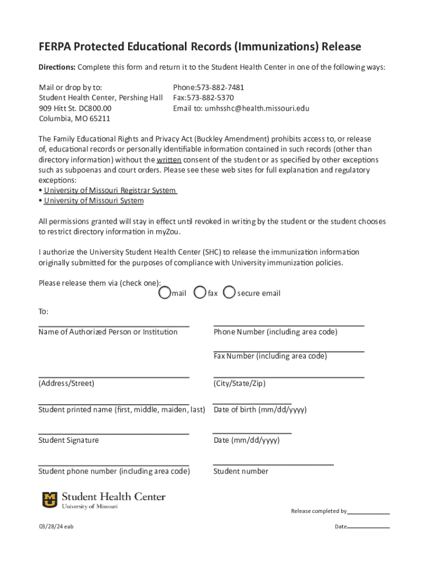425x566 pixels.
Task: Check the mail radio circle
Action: pos(164,292)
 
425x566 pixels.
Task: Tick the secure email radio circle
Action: pos(230,292)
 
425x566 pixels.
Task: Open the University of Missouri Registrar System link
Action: pos(110,191)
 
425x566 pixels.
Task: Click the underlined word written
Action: pos(169,160)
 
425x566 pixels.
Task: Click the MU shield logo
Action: pos(50,500)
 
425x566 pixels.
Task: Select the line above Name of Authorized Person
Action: pos(114,326)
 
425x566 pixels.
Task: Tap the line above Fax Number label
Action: pos(289,351)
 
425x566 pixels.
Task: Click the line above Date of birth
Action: pos(252,404)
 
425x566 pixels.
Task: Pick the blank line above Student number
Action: pos(273,465)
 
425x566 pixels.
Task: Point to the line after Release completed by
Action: pos(369,513)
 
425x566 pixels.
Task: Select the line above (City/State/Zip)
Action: pos(289,378)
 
